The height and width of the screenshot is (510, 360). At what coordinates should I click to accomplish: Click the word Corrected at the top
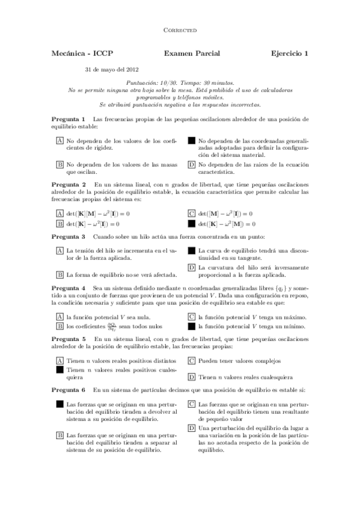tap(180, 29)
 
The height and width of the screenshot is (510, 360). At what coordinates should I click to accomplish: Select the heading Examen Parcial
tap(192, 54)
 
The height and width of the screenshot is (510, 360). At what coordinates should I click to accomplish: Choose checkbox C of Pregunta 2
tap(192, 213)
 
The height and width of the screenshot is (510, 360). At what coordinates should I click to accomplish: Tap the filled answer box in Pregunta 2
tap(192, 224)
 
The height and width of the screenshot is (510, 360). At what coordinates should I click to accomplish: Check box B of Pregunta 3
tap(59, 275)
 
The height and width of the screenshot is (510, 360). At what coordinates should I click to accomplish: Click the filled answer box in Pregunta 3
tap(192, 250)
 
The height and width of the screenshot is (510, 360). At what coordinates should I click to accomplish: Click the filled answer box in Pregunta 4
tap(192, 327)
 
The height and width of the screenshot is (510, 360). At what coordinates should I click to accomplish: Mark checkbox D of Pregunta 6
tap(192, 428)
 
